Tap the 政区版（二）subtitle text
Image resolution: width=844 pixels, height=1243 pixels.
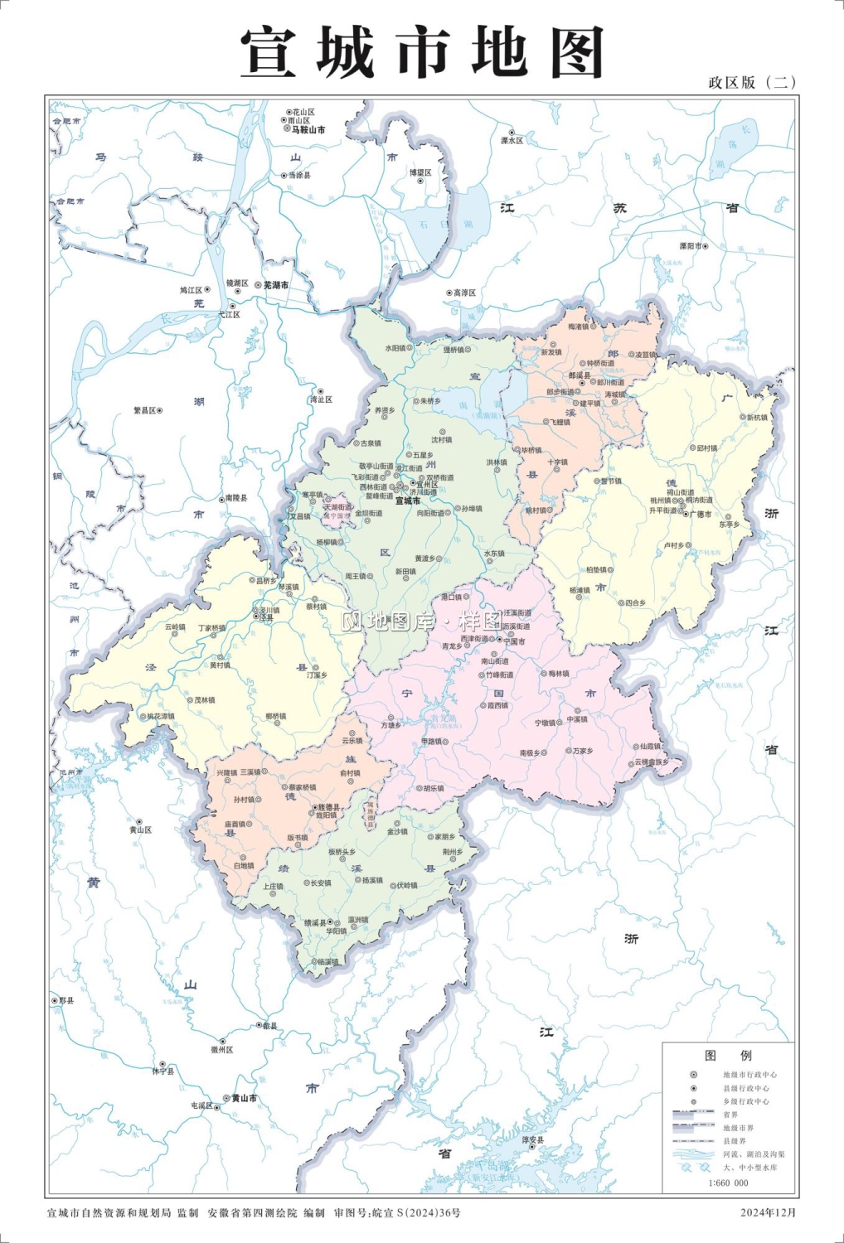[x=752, y=82]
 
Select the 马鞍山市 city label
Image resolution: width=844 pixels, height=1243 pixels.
[x=307, y=130]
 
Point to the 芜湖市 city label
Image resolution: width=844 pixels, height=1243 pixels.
[x=276, y=285]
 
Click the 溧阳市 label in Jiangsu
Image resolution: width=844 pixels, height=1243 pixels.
[x=690, y=246]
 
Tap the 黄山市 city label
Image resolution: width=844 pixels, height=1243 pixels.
[x=244, y=1098]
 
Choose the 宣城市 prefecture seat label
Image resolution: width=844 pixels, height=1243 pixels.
[x=407, y=501]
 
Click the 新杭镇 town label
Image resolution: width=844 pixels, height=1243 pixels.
[x=757, y=418]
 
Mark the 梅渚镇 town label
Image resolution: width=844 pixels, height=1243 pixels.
[x=578, y=326]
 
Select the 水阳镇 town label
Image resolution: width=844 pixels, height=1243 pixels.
[x=395, y=348]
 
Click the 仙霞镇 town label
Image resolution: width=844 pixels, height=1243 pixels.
[x=651, y=746]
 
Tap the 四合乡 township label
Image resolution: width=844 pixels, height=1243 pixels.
[x=635, y=603]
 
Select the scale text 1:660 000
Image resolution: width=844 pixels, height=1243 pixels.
[x=728, y=1183]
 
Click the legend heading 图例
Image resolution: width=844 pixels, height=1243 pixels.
[x=728, y=1055]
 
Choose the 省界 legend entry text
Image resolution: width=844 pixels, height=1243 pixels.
[x=730, y=1115]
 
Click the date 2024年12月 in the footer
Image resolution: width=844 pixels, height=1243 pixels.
[x=768, y=1212]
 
